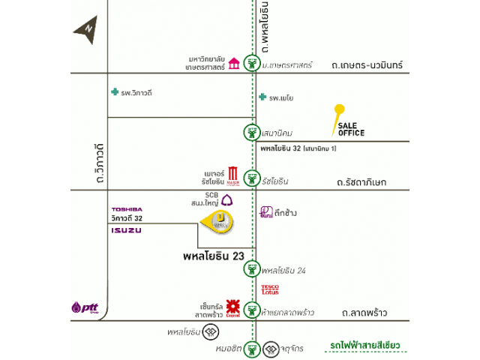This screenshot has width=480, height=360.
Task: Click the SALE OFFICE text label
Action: (351, 129)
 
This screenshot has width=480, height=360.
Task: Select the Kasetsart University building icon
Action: (234, 62)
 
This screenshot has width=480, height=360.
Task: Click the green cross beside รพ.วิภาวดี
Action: (115, 92)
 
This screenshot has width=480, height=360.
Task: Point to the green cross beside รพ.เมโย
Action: (262, 97)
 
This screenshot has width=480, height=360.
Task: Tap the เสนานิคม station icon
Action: (253, 133)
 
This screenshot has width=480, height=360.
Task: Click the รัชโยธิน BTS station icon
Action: (253, 180)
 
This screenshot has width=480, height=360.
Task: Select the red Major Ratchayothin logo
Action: (232, 175)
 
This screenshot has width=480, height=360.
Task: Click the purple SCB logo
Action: (226, 199)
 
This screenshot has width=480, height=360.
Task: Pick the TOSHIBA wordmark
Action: (127, 208)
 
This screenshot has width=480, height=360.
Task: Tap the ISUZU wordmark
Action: (126, 229)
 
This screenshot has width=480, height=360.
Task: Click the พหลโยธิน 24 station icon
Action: (253, 270)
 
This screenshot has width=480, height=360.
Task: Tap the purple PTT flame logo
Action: (78, 307)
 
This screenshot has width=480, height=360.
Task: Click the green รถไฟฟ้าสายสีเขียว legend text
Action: (364, 345)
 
